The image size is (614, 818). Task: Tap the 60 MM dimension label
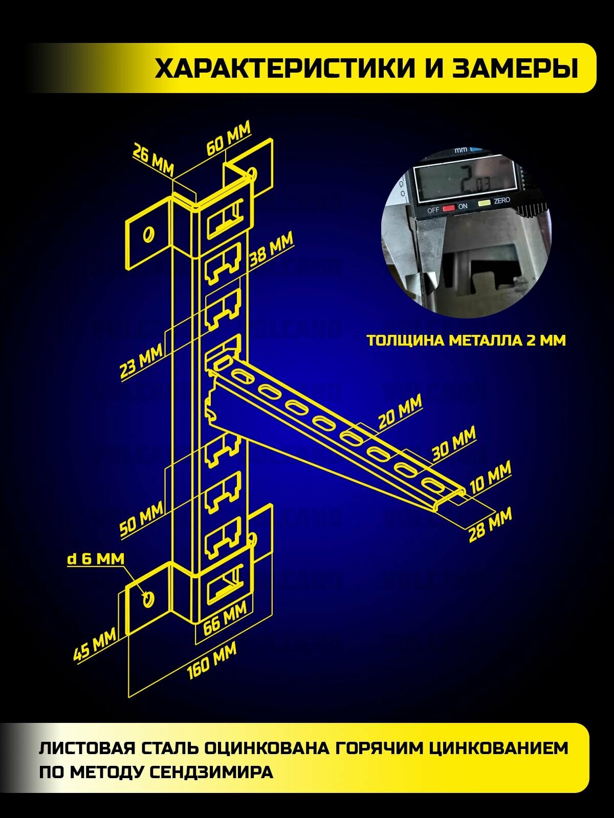coord(228,138)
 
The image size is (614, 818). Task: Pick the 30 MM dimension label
coord(454,443)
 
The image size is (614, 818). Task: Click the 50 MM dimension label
coord(141,518)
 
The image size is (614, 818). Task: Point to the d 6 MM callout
coord(96,558)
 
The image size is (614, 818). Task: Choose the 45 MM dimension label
coord(95,645)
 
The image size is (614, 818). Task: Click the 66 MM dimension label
coord(225,617)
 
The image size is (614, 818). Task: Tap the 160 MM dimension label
coord(212,661)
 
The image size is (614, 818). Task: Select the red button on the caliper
coord(449,208)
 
